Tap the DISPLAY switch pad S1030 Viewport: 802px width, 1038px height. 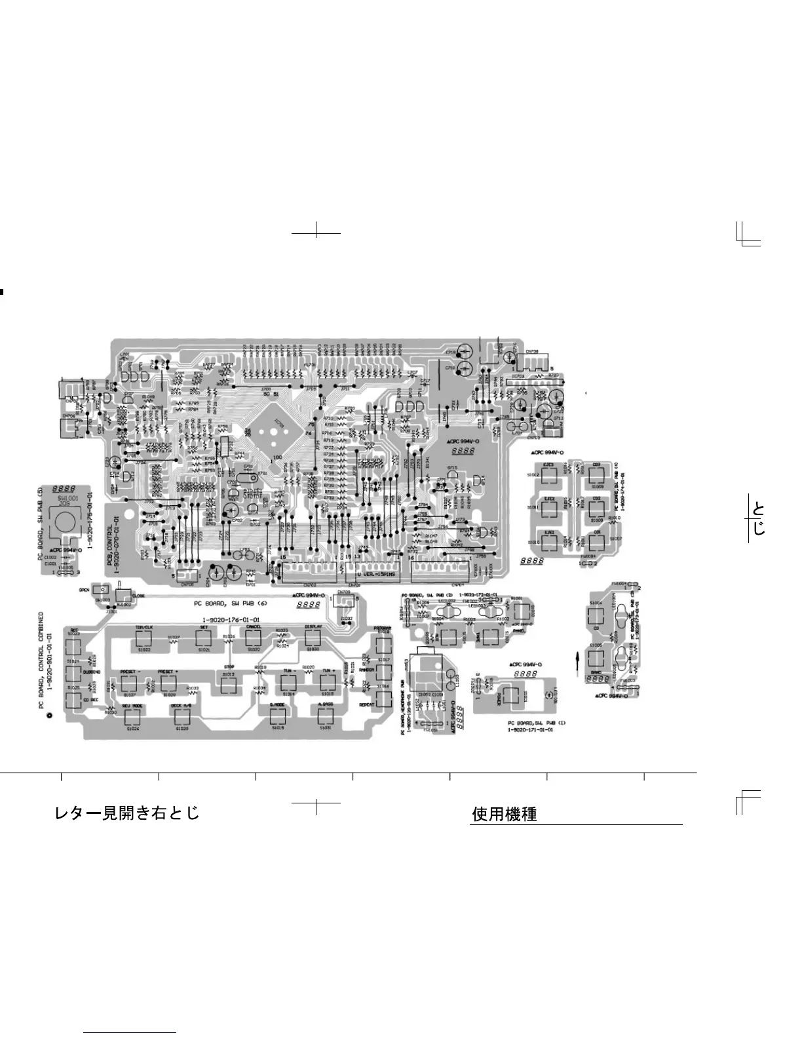[x=313, y=638]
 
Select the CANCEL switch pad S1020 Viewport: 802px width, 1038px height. [x=253, y=638]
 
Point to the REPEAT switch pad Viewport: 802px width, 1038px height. [x=383, y=699]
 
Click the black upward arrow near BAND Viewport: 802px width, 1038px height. [x=577, y=660]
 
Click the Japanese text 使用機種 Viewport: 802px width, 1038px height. [x=504, y=815]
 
